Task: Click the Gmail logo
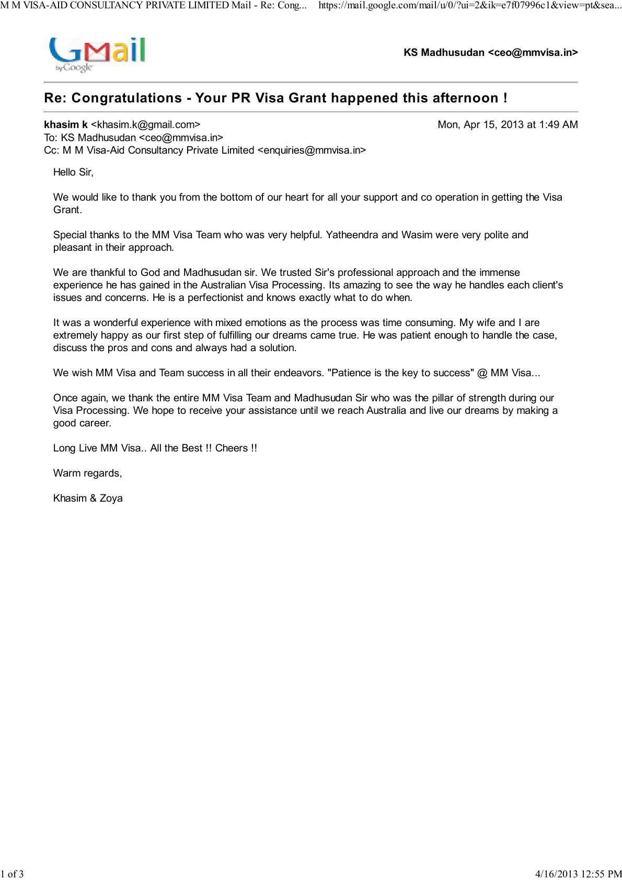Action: [x=97, y=54]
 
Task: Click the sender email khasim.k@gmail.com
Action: [x=145, y=125]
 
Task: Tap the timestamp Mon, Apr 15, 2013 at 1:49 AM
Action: [x=508, y=125]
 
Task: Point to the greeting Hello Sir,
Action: [x=73, y=172]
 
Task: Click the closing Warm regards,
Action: [x=87, y=473]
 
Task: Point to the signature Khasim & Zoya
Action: [x=88, y=499]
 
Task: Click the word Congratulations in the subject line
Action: [x=126, y=98]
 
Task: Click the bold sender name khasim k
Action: [x=66, y=125]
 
